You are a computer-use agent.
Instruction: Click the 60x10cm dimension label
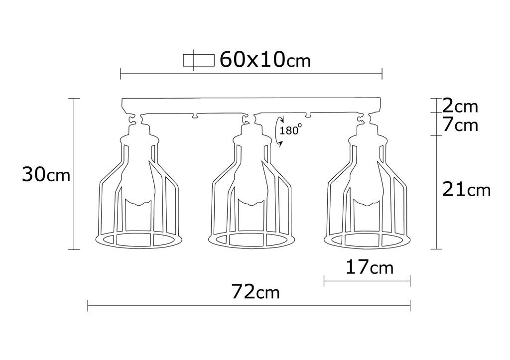pyautogui.click(x=265, y=60)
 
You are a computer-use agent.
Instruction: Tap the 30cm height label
pyautogui.click(x=46, y=175)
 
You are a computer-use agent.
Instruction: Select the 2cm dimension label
pyautogui.click(x=460, y=106)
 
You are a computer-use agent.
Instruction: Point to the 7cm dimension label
pyautogui.click(x=460, y=125)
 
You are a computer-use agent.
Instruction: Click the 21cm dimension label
pyautogui.click(x=466, y=190)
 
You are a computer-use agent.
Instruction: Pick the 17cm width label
pyautogui.click(x=369, y=268)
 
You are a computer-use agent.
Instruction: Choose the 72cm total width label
pyautogui.click(x=255, y=291)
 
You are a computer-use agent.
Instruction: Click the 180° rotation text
pyautogui.click(x=290, y=130)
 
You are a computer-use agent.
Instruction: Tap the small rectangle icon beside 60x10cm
pyautogui.click(x=199, y=60)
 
